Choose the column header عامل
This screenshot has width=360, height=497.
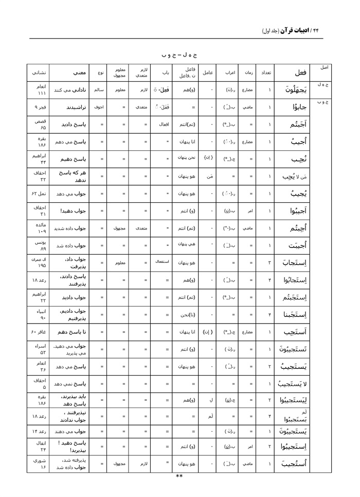click(208, 73)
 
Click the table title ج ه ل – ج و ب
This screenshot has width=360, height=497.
click(179, 54)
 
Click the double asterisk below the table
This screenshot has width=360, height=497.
click(179, 476)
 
